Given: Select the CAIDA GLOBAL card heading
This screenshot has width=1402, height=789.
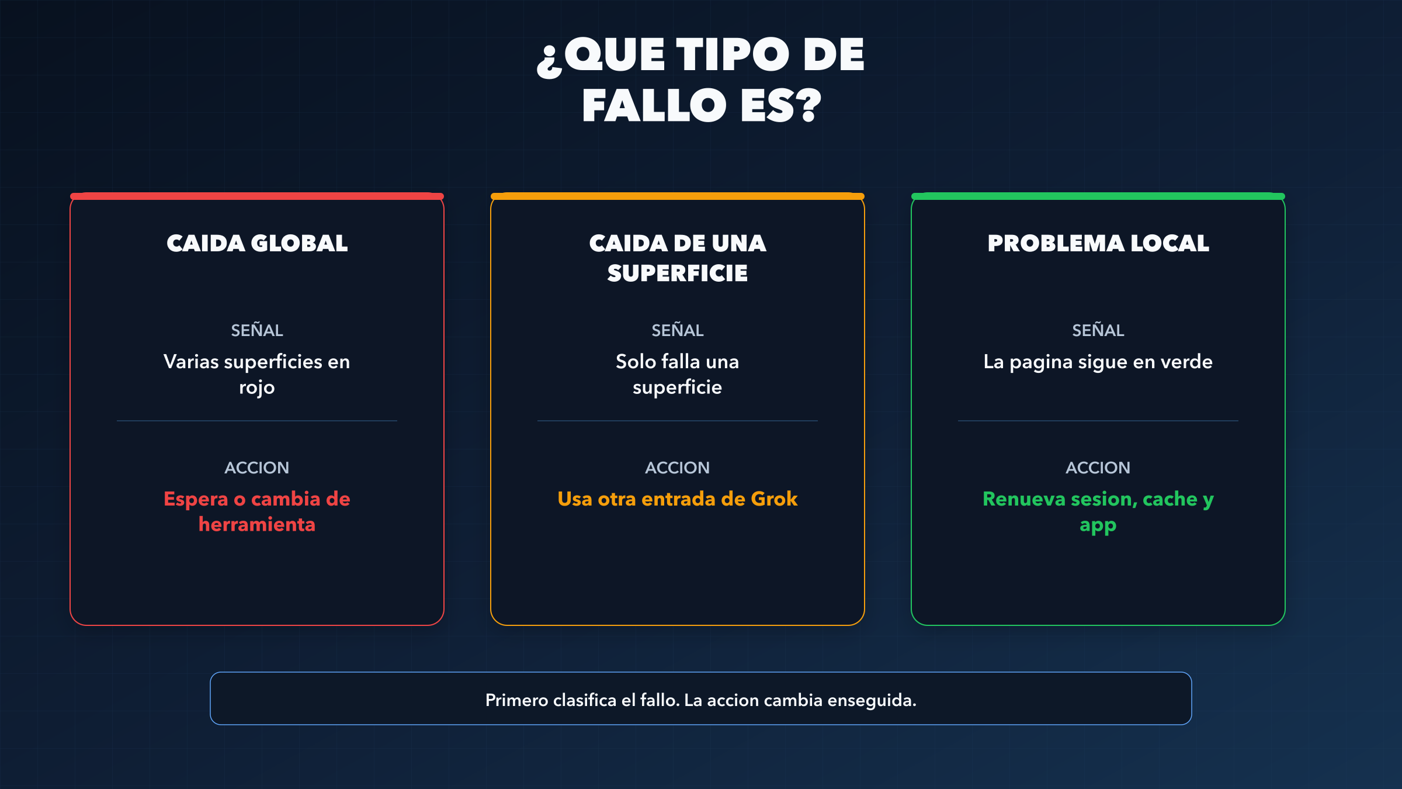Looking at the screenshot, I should click(257, 243).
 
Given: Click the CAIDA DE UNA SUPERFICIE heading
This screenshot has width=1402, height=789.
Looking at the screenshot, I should click(678, 258).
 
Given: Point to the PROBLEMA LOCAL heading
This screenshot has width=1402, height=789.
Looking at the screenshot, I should click(1098, 243).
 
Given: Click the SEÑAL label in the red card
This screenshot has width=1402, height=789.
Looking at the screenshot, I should click(257, 330).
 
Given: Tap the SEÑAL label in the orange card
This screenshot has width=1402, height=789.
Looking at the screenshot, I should click(678, 330).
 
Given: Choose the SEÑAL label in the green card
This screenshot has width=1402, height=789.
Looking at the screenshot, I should click(1098, 330).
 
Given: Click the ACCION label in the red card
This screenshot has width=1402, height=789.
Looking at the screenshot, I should click(257, 468).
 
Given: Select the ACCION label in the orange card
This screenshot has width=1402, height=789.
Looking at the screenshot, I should click(678, 468).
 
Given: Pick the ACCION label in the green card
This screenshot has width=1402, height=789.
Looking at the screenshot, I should click(1098, 468).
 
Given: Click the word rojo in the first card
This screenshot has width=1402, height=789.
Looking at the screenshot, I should click(257, 388).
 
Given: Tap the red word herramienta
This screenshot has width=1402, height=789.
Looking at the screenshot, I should click(257, 525).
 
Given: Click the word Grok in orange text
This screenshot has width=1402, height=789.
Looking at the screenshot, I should click(774, 499).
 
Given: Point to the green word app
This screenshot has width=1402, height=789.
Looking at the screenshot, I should click(1098, 526).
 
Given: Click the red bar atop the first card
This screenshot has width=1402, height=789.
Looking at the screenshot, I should click(257, 196).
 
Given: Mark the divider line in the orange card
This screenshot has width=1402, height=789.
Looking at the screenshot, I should click(678, 421).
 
